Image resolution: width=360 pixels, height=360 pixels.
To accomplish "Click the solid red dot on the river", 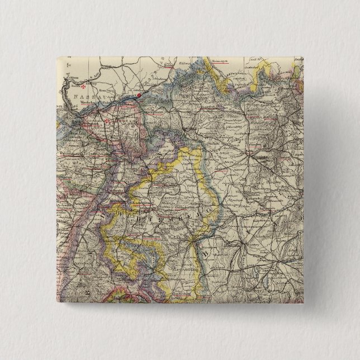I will click(x=139, y=95).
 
